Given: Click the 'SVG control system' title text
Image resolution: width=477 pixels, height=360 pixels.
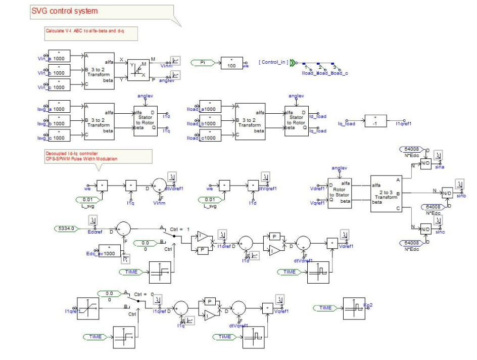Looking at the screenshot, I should [x=65, y=11].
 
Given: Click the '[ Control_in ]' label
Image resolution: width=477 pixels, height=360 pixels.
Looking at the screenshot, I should [x=273, y=62].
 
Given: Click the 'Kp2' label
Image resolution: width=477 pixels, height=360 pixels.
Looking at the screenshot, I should [x=368, y=305].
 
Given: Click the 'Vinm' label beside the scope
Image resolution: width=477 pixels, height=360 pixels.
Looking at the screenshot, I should [x=166, y=66].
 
